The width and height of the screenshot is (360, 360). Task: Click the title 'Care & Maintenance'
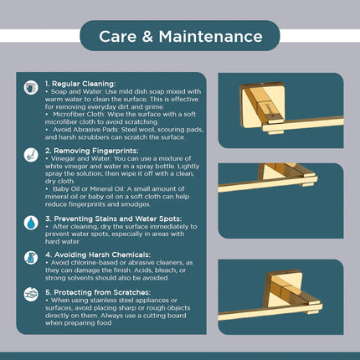pos(180,36)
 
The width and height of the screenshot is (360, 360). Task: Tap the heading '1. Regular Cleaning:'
pos(81,85)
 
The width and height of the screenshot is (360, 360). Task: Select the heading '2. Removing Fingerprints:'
pos(91,151)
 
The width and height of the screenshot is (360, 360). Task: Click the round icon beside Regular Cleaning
pos(31,87)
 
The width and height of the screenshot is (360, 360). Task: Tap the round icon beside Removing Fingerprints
pos(31,153)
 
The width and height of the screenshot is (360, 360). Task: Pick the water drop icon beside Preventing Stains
pos(31,223)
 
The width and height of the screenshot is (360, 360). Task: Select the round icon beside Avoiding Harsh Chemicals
pos(31,257)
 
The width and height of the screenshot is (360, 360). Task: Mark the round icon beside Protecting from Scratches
pos(31,296)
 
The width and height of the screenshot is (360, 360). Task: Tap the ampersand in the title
pos(147,36)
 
